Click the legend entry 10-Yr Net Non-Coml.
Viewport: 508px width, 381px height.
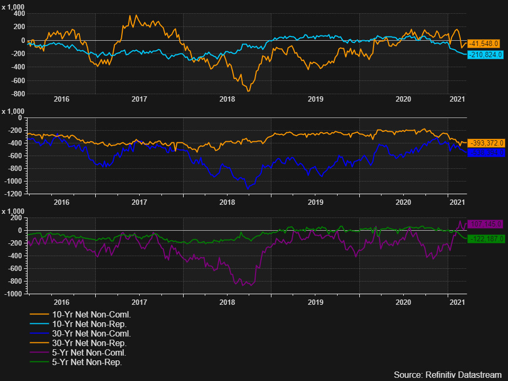point(87,314)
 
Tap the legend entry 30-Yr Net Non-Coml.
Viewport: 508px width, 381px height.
point(87,333)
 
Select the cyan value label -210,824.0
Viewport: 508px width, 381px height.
point(486,55)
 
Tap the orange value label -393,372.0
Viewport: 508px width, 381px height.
point(486,143)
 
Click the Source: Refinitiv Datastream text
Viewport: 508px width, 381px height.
point(448,375)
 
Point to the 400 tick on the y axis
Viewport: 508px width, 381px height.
point(19,27)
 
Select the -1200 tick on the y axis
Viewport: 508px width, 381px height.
point(15,194)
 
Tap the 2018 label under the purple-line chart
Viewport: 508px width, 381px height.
point(227,302)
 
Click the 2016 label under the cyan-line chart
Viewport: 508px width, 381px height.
point(61,99)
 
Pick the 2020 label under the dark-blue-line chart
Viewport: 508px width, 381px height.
point(403,202)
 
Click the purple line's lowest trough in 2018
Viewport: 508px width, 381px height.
point(244,286)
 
